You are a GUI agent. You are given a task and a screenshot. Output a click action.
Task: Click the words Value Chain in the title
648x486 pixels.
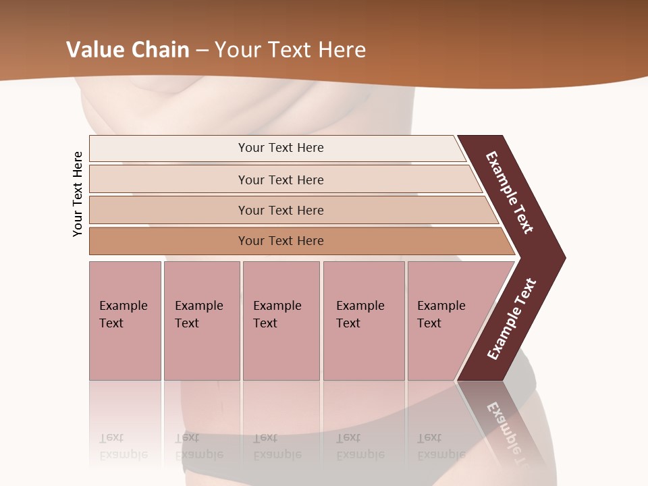point(128,50)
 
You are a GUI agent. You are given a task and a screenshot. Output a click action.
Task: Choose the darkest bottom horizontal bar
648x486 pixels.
point(169,241)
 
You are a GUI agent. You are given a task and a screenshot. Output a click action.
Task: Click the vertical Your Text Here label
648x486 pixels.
point(78,194)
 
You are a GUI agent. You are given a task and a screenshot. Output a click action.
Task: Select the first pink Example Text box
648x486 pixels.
point(125,321)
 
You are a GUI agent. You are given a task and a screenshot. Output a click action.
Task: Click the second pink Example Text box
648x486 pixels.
point(201,321)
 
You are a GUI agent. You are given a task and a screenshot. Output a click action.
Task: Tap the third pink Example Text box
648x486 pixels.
point(281,321)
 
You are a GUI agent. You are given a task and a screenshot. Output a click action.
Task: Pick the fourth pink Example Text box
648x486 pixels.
point(363,321)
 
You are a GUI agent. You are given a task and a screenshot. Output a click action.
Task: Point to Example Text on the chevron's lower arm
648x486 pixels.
point(512,319)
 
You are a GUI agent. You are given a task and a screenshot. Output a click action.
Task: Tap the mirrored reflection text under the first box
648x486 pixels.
point(124,446)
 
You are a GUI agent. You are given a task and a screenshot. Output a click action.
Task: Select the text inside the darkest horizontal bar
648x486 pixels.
point(281,241)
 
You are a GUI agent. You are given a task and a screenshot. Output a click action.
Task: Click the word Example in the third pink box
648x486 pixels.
point(277,306)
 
